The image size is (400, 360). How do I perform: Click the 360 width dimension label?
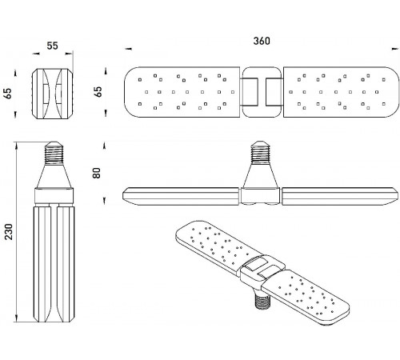coord(262,41)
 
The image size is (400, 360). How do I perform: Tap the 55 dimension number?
coord(52,46)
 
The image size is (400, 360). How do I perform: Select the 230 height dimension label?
coord(9,231)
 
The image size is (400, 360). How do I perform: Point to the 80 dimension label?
coord(97,173)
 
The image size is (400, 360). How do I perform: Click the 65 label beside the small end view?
coord(8,94)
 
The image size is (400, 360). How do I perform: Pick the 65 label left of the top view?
coord(98,92)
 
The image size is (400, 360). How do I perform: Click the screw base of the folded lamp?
coord(54,153)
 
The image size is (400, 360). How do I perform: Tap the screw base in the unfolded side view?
coord(261,152)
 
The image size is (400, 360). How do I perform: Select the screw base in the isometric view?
coord(263,301)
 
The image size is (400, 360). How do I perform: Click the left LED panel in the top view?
coord(182,92)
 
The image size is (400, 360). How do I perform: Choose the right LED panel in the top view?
coord(342,92)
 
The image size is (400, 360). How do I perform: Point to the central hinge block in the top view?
coord(262,92)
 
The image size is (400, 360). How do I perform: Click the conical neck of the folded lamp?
coord(54,176)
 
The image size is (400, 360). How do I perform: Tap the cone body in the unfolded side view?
coord(261,176)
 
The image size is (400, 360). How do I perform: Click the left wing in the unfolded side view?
coord(182,197)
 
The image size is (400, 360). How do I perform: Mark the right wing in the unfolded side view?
coord(340,197)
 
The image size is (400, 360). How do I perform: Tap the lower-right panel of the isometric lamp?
coord(306,298)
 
